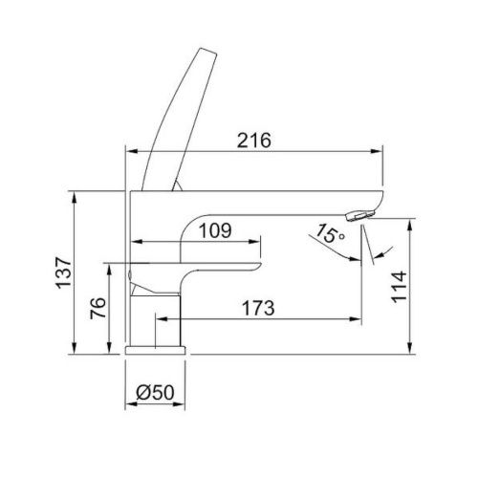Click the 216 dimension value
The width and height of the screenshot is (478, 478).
pyautogui.click(x=254, y=141)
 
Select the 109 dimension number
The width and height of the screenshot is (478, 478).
pyautogui.click(x=215, y=230)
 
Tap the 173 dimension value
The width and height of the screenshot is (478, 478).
pyautogui.click(x=258, y=308)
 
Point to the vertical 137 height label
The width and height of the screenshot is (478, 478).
pyautogui.click(x=63, y=272)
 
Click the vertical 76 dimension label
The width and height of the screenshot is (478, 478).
pyautogui.click(x=98, y=308)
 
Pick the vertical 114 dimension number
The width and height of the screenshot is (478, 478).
pyautogui.click(x=399, y=287)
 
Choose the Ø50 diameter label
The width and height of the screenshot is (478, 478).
pyautogui.click(x=155, y=392)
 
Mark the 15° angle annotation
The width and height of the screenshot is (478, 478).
pyautogui.click(x=330, y=233)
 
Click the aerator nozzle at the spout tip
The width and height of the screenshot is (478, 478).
pyautogui.click(x=360, y=215)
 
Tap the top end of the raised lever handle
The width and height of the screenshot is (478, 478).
pyautogui.click(x=208, y=51)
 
